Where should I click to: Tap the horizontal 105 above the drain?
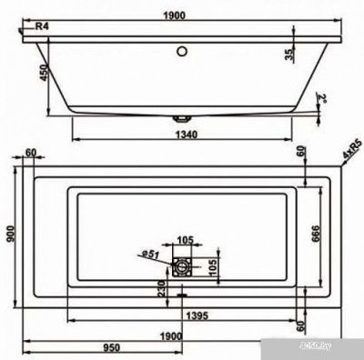point(187,241)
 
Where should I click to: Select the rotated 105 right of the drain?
point(210,265)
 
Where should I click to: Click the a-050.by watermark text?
point(339,349)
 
